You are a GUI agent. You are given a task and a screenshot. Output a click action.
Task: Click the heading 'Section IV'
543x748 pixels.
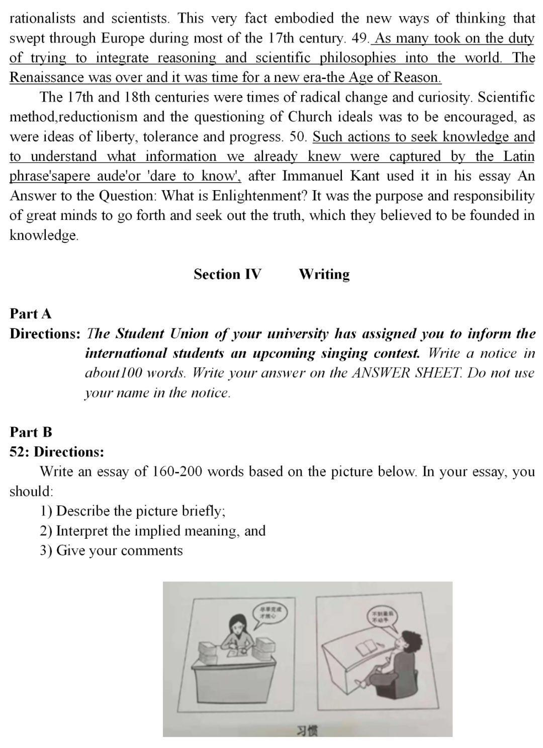(x=227, y=274)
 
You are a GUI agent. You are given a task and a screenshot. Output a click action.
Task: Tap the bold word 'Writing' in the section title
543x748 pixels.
(x=324, y=274)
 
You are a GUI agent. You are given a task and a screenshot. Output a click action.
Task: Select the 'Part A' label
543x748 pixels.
(x=31, y=314)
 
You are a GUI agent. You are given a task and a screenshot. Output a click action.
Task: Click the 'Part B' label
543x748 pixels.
(x=31, y=432)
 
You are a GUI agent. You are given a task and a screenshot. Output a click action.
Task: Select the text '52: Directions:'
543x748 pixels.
(x=57, y=452)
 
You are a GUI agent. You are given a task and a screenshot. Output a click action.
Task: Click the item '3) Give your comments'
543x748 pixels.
(x=112, y=550)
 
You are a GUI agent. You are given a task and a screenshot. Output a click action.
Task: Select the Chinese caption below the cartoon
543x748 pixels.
(x=307, y=730)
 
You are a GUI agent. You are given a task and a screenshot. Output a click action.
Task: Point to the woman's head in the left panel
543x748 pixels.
(x=236, y=625)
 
